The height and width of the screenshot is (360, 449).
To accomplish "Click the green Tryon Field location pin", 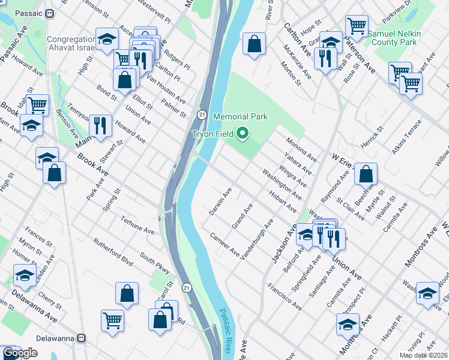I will coord(243,134).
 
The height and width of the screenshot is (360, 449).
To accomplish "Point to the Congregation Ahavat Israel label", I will coord(71,44).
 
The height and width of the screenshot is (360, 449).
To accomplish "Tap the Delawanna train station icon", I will coord(82,338).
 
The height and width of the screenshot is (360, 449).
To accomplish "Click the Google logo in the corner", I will coord(20,353).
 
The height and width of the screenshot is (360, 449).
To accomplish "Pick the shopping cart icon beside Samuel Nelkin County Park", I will coord(357,26).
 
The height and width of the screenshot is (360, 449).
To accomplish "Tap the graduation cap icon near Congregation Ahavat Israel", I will coord(107,40).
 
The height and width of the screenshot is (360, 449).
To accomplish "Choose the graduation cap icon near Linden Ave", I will coord(25,275).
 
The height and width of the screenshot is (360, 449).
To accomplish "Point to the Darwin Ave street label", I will coord(220,202).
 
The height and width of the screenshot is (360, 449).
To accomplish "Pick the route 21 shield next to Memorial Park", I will coord(203,114).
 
